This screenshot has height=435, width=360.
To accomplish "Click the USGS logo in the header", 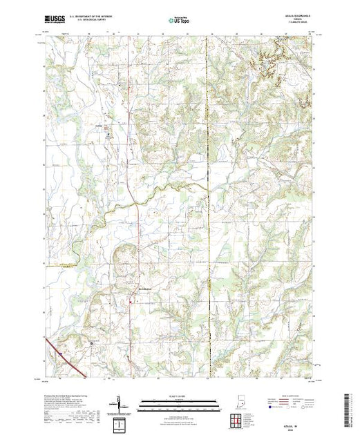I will coord(55,21).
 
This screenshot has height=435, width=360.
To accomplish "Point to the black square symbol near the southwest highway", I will coord(92,342).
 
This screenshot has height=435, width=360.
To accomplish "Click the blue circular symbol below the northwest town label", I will coord(108,136).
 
